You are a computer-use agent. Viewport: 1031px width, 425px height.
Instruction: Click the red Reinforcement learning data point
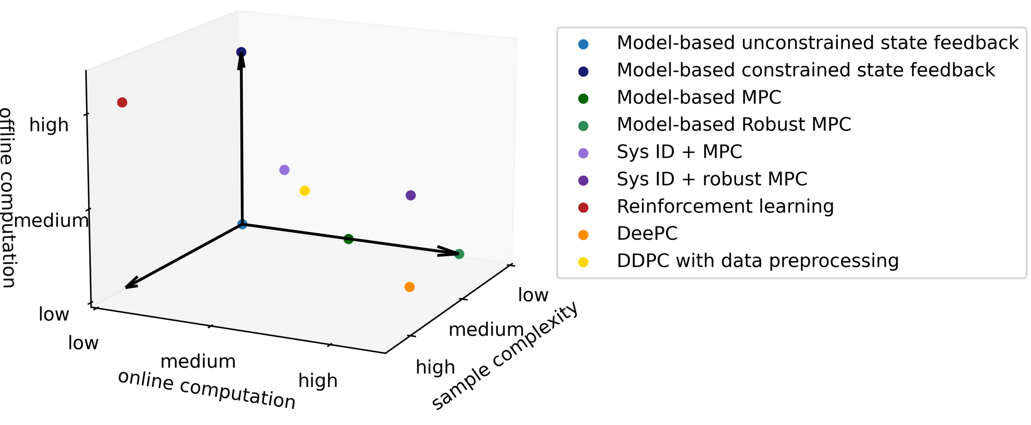pos(122,102)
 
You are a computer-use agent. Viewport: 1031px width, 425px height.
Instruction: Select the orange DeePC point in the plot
pos(410,287)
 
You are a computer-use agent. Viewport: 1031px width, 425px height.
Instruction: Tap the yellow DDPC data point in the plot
pos(305,191)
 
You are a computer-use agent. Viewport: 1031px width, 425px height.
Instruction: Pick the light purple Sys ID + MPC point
pos(284,170)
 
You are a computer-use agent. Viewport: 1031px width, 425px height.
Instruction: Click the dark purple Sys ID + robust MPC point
pos(411,195)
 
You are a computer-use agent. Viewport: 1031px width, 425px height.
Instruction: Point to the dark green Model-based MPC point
pos(348,239)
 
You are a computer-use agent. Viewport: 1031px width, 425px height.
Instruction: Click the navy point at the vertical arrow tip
pos(241,52)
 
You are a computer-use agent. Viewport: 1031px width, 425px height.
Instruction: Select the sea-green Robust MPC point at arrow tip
pos(459,254)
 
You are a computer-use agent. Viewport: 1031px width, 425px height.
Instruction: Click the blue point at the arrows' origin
pos(242,224)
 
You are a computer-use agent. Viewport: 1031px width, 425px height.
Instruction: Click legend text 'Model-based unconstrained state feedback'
pos(817,43)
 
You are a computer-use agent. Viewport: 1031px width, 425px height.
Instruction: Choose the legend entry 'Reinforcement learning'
pos(725,206)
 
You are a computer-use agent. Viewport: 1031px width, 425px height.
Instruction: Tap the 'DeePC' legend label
pos(647,234)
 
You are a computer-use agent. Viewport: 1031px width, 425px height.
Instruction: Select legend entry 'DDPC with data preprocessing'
pos(758,261)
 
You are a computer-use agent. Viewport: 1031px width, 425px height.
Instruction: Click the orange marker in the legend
pos(583,235)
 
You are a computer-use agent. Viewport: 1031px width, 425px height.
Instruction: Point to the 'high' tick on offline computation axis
pos(49,125)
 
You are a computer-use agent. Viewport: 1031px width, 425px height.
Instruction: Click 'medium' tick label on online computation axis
pos(198,361)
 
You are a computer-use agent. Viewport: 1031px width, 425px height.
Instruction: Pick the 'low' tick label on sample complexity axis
pos(533,295)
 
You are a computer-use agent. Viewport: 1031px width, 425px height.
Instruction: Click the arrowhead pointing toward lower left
pos(130,285)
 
